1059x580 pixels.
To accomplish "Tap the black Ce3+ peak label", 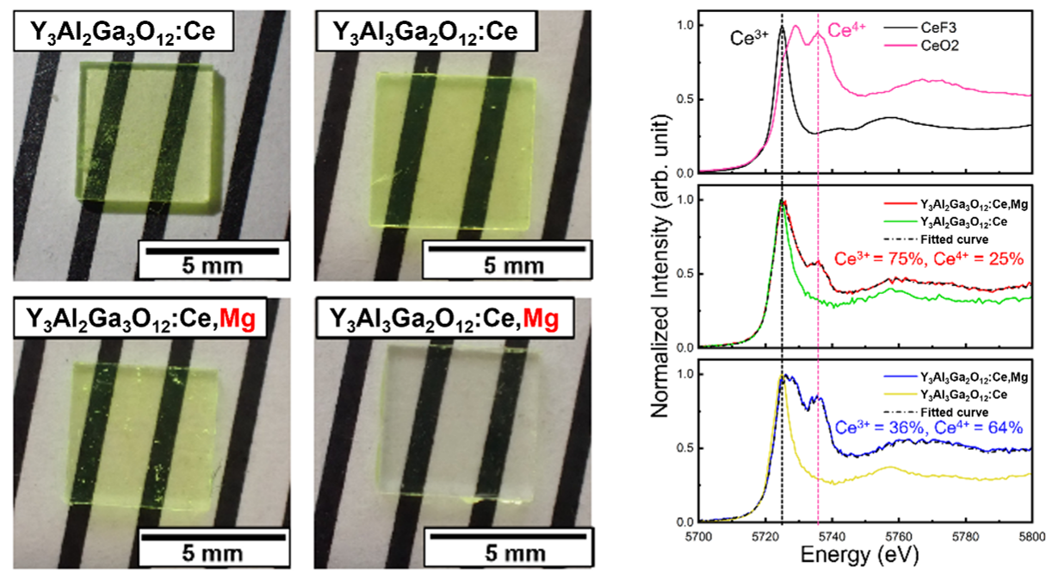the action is [749, 38].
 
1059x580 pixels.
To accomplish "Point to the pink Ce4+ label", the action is [846, 30].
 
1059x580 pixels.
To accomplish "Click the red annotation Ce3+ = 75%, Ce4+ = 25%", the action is [928, 259].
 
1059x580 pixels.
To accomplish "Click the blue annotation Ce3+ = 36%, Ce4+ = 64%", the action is [928, 427].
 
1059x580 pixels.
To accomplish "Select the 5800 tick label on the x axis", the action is [1031, 537].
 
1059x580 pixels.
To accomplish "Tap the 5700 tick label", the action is [699, 537].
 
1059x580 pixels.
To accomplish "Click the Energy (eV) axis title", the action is [859, 554].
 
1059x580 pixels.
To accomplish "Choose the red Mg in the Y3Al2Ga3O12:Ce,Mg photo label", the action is [238, 318].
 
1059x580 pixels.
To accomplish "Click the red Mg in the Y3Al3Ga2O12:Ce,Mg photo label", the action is [541, 318].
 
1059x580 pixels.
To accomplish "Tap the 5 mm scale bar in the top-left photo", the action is [213, 251].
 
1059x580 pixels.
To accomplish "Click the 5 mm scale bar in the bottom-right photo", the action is [508, 536].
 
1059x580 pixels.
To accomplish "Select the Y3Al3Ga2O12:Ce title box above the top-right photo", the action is [426, 31].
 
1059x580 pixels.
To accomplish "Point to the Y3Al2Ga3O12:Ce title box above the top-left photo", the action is [123, 31].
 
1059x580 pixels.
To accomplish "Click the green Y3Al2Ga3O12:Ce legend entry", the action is [946, 221].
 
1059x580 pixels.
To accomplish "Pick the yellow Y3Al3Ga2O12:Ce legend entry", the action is [946, 395].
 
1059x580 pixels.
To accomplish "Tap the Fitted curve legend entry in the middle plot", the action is [936, 240].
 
